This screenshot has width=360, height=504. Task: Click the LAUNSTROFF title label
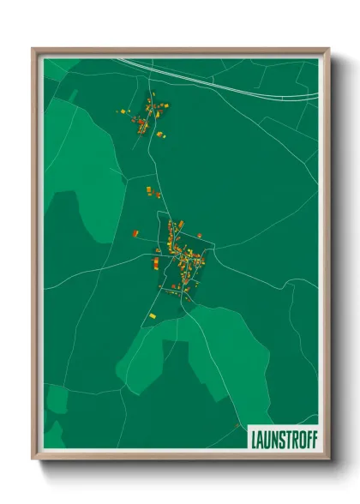coord(283,440)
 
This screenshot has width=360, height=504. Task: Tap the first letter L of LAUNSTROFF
coord(253,440)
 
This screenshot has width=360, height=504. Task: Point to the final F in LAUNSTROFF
coord(313,440)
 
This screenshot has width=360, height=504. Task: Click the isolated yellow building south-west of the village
coord(153,316)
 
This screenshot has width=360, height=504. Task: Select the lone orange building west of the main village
coord(135,232)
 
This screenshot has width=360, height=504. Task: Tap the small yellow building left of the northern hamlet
coord(123,111)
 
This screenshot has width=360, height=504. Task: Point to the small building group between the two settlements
coord(152,191)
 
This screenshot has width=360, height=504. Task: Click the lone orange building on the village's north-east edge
coord(200,235)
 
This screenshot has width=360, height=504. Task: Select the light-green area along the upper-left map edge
coord(73,154)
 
